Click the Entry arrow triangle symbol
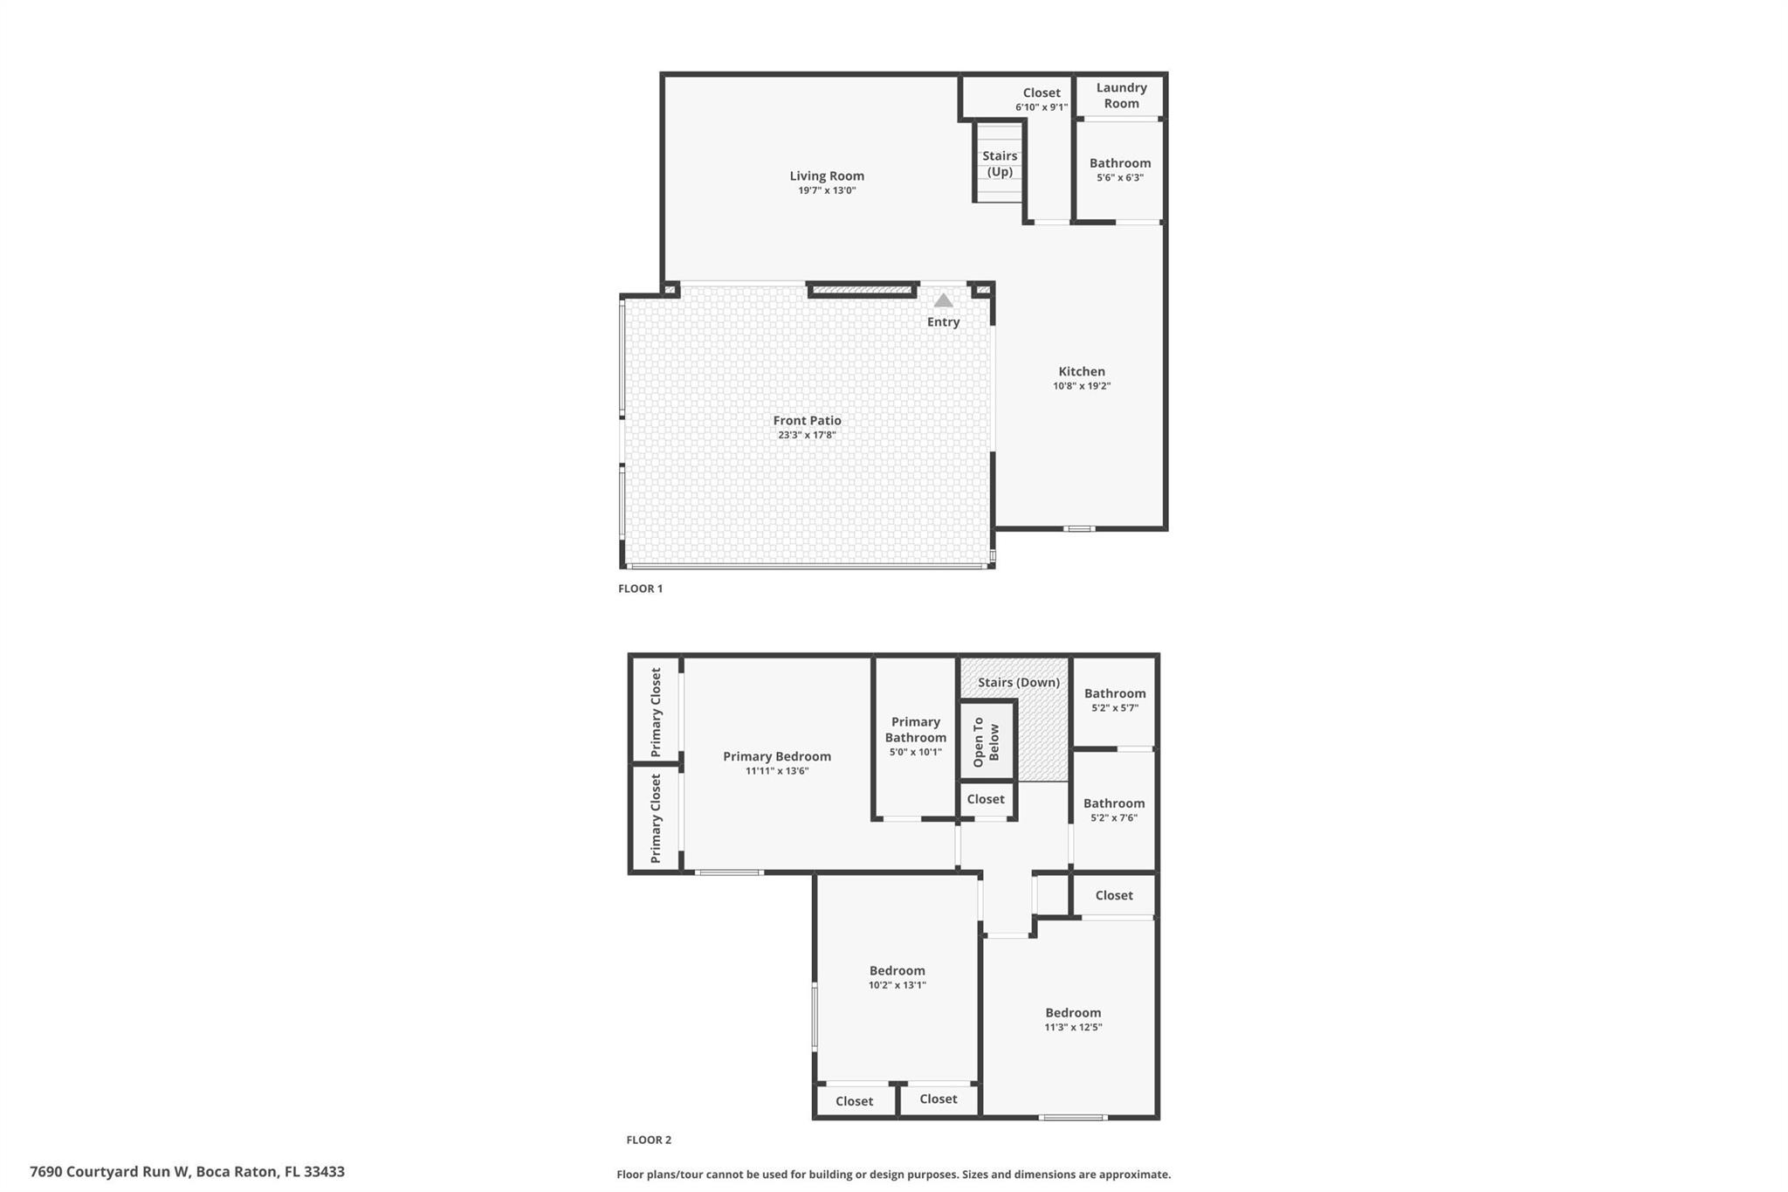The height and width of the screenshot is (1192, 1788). pos(943,300)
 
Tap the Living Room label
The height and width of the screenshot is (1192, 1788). pos(827,176)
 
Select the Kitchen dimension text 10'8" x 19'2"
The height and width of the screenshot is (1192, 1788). pos(1082,386)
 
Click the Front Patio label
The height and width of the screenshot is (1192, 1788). pos(807,420)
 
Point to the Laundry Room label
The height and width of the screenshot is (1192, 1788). pos(1122,95)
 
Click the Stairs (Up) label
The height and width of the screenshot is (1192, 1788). pos(1000,163)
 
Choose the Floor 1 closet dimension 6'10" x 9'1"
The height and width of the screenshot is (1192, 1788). pos(1042,107)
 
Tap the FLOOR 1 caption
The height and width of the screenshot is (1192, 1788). pos(641,589)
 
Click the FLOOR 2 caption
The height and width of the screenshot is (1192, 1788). pos(649,1140)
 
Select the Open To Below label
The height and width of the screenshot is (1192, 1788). pos(986,742)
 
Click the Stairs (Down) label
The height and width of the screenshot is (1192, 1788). pos(1019,683)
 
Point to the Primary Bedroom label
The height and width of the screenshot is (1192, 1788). pos(777,756)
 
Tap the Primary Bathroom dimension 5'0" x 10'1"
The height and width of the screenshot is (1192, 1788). pos(916,752)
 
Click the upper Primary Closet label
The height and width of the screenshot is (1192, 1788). pos(656,713)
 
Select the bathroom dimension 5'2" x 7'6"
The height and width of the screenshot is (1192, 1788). pos(1114,818)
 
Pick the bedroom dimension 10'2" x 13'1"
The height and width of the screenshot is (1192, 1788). pos(897,985)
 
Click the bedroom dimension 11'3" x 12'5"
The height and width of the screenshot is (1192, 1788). pos(1074,1027)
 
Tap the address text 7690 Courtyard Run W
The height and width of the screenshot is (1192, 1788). pos(109,1172)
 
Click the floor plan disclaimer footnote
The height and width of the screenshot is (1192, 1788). pos(894,1175)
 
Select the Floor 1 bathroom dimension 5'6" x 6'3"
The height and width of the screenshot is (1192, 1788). pos(1120,177)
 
